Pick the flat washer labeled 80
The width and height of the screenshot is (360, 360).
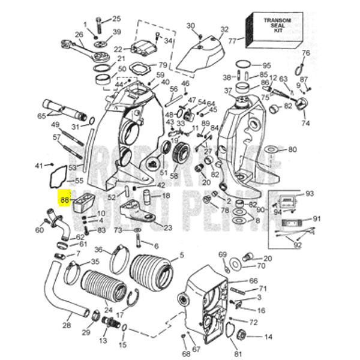(x=270, y=149)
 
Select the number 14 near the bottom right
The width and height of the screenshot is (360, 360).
(x=268, y=337)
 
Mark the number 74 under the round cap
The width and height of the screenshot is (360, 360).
(x=305, y=124)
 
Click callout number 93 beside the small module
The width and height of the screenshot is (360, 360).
(x=310, y=194)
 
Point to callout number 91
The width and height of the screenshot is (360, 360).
(x=317, y=219)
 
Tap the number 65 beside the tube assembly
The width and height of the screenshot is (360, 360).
(x=41, y=116)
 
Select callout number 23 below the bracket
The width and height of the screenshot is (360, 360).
(x=167, y=227)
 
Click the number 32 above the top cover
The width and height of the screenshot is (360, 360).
(x=208, y=29)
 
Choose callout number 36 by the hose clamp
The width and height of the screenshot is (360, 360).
(x=100, y=250)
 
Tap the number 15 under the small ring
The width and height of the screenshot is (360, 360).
(x=123, y=344)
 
